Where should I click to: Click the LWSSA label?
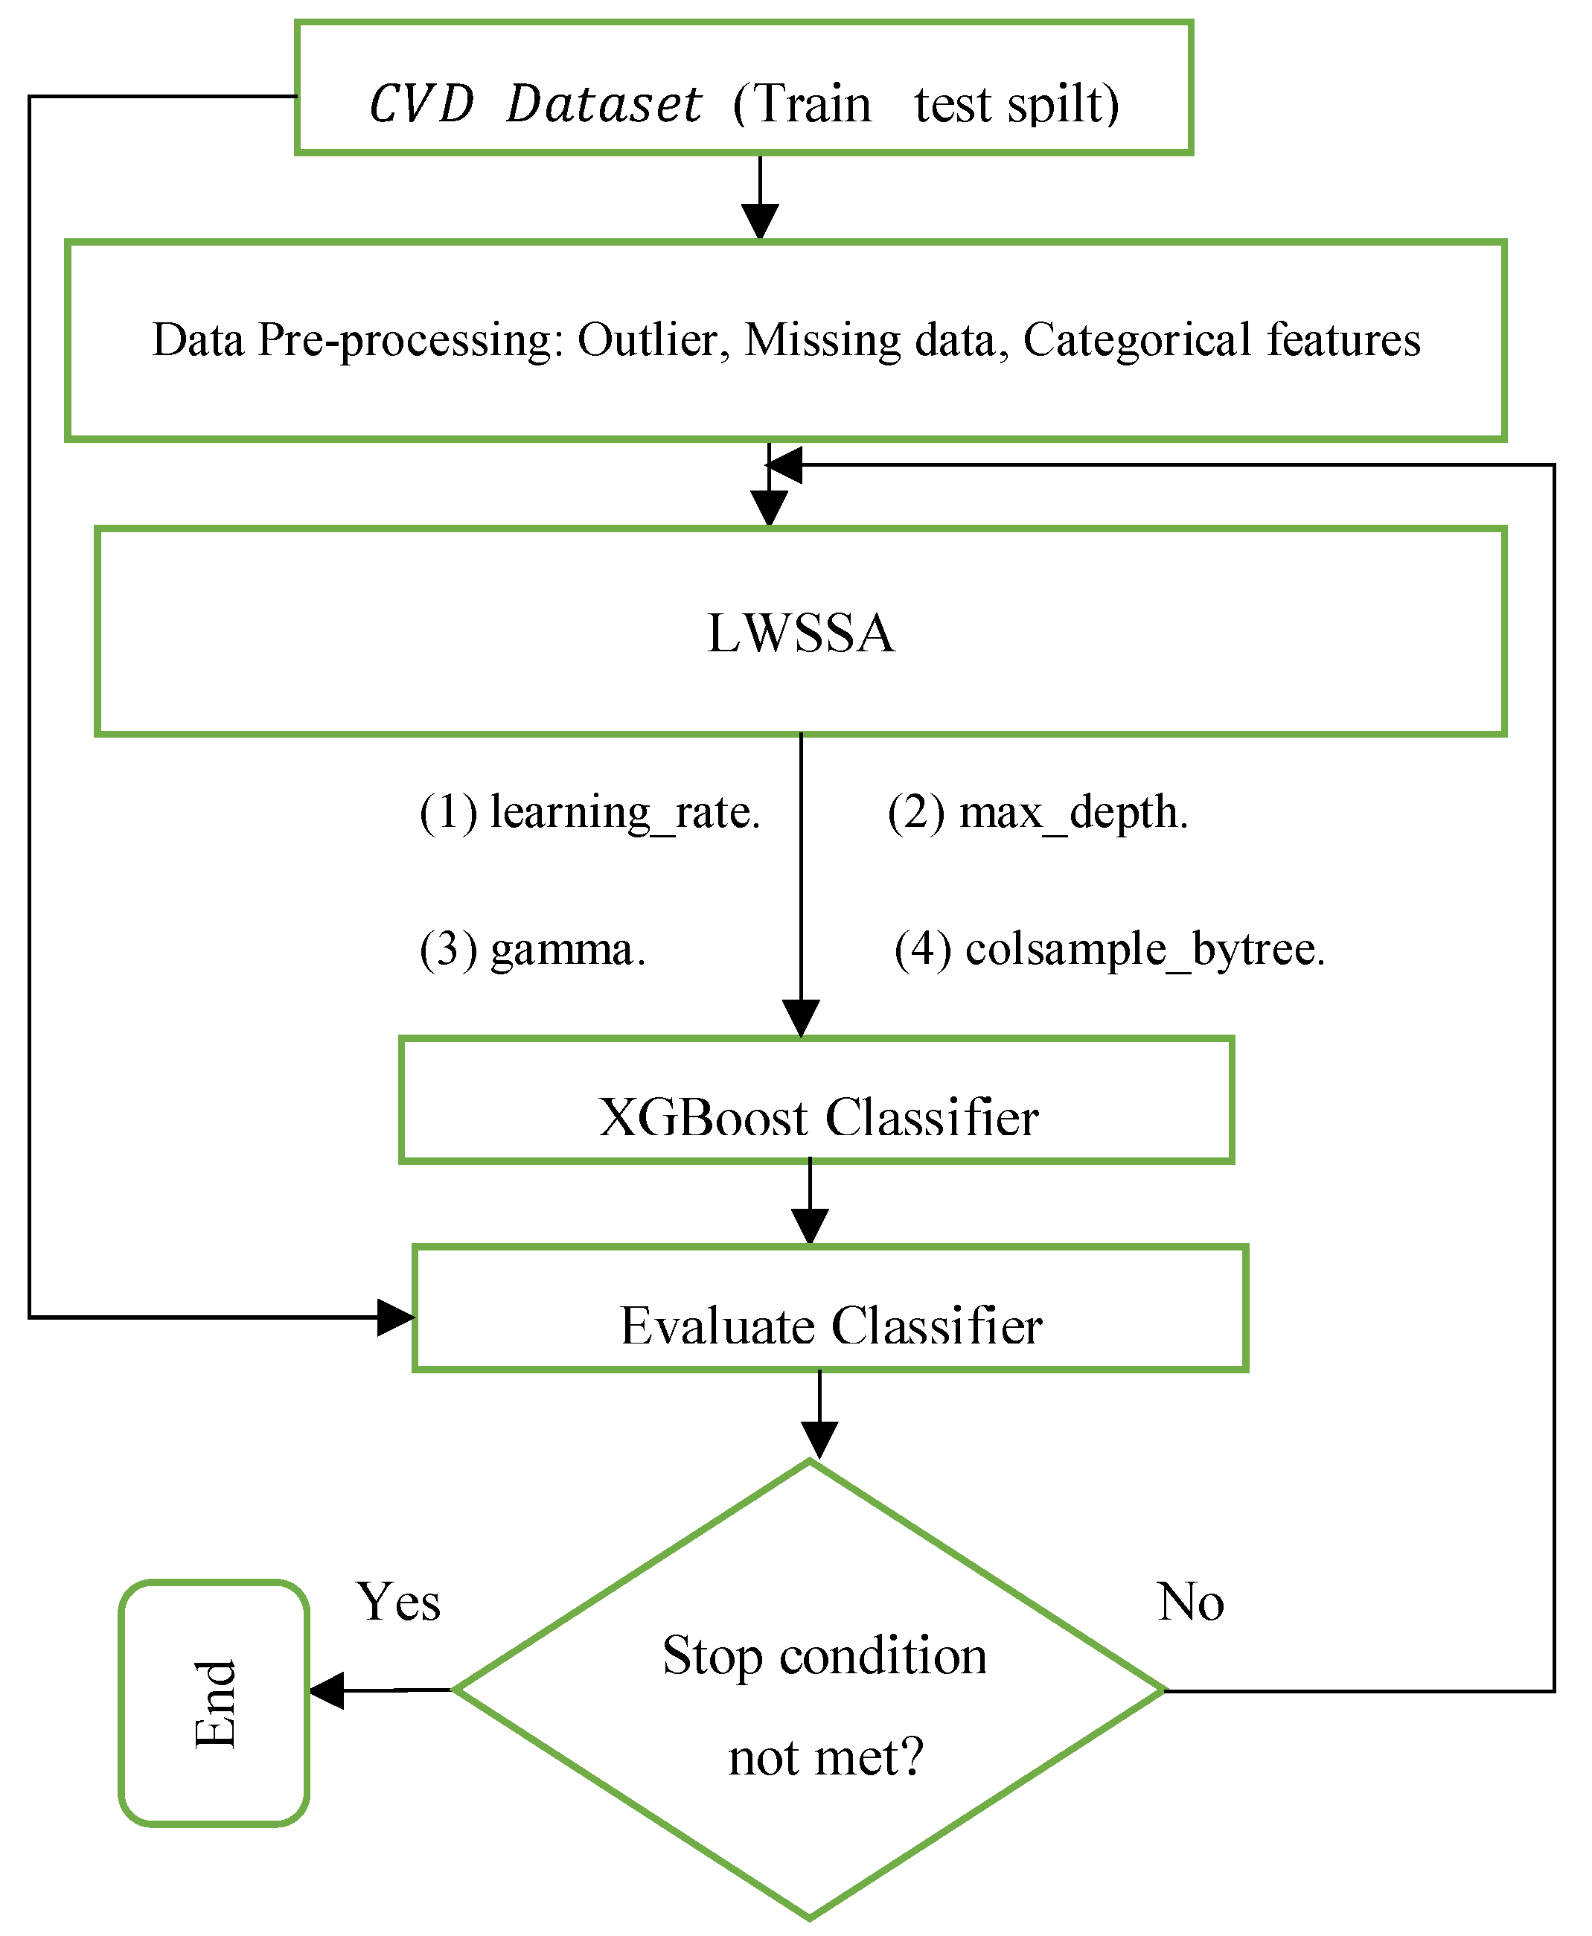pyautogui.click(x=801, y=633)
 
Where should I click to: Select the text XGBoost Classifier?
pyautogui.click(x=818, y=1117)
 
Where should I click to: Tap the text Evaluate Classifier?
pyautogui.click(x=831, y=1326)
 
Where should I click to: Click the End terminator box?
pyautogui.click(x=214, y=1703)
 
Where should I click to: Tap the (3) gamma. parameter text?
pyautogui.click(x=533, y=949)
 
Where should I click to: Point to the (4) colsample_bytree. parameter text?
pyautogui.click(x=1110, y=949)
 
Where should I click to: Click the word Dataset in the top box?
pyautogui.click(x=604, y=103)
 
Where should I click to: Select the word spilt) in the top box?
pyautogui.click(x=1063, y=104)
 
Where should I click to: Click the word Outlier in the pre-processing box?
pyautogui.click(x=647, y=340)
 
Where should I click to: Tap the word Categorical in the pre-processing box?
pyautogui.click(x=1137, y=340)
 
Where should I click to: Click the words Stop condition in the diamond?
pyautogui.click(x=825, y=1656)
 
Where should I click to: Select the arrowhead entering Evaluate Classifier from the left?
pyautogui.click(x=395, y=1318)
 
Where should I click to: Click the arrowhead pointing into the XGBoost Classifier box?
pyautogui.click(x=801, y=1019)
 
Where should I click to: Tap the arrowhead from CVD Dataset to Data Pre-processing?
pyautogui.click(x=760, y=223)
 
